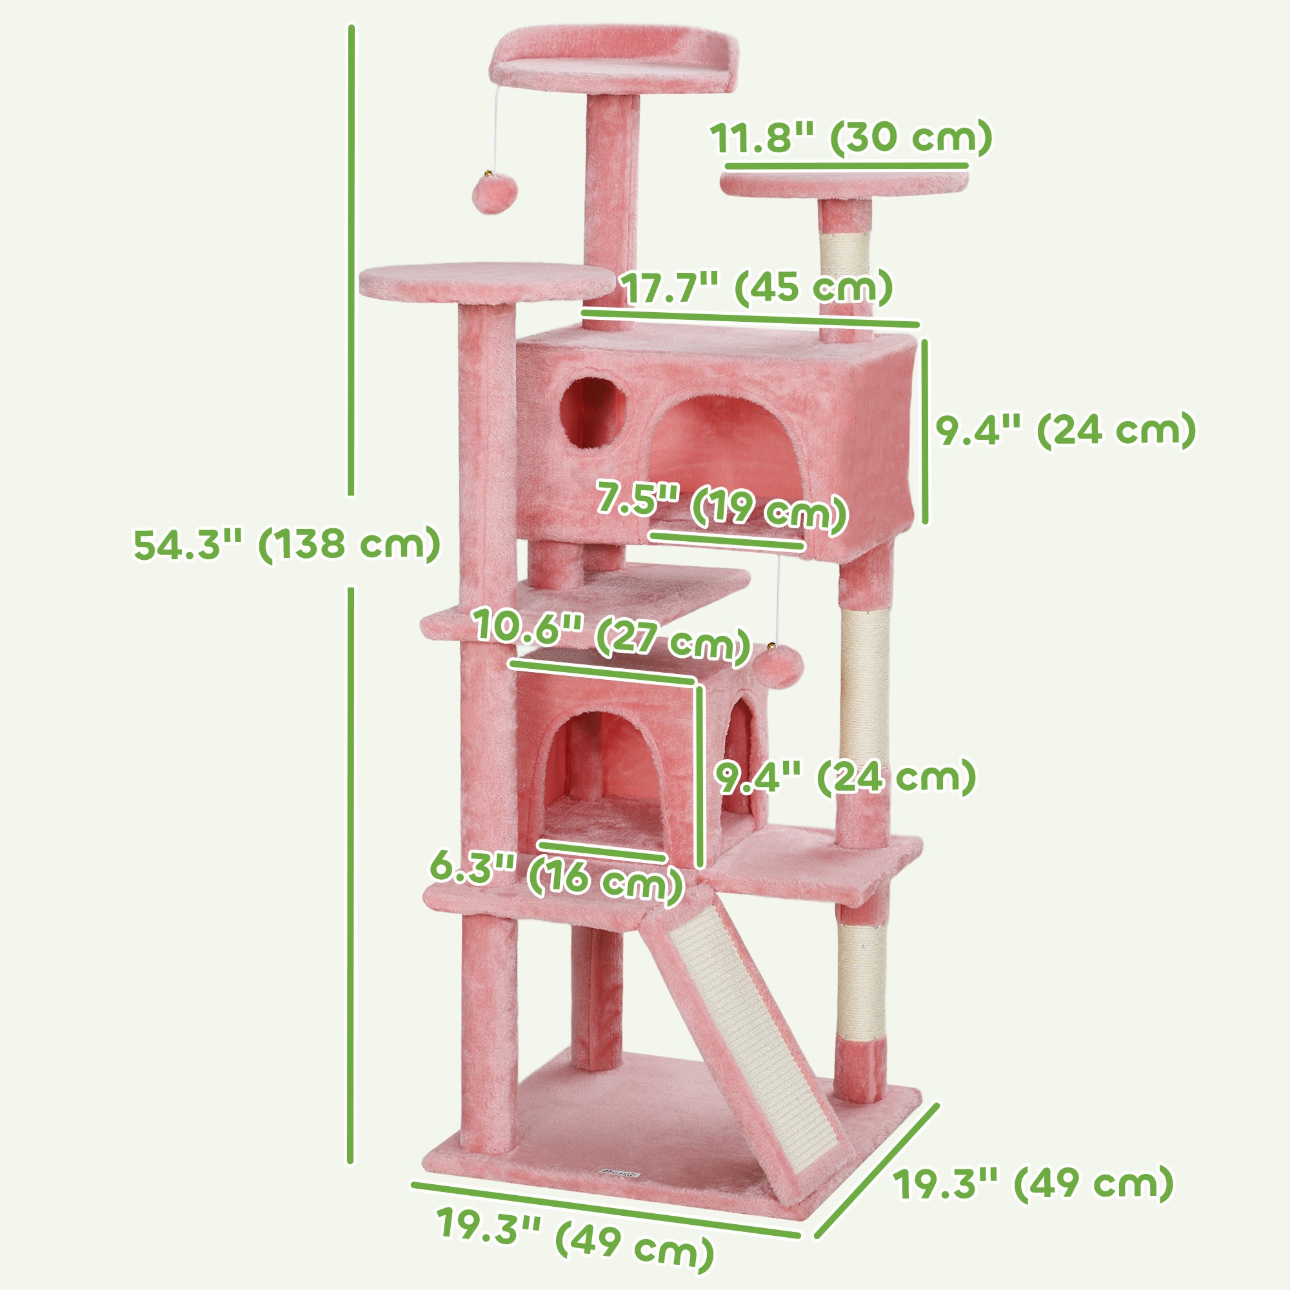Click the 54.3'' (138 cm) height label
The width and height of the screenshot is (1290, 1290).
click(x=287, y=544)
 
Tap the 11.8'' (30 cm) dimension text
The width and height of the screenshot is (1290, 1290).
click(x=850, y=139)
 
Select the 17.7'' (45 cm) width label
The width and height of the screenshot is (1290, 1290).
click(x=757, y=288)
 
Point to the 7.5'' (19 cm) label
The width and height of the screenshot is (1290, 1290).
click(x=722, y=508)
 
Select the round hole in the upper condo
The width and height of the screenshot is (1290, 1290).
click(x=593, y=412)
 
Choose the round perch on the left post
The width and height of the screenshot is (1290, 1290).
click(x=486, y=282)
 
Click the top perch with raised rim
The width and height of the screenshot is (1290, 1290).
click(x=614, y=67)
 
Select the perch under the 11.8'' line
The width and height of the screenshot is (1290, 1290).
click(x=844, y=185)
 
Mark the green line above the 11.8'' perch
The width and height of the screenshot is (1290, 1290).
click(x=846, y=165)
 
